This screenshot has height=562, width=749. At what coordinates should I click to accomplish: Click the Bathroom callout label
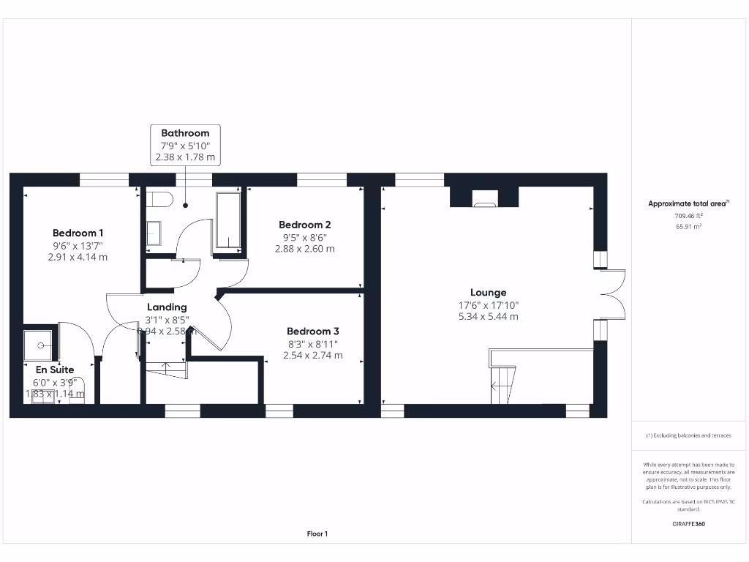point(185,133)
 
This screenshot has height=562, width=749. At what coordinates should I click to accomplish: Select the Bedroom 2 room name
point(305,225)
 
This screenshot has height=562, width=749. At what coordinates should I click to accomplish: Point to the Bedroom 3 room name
point(312,331)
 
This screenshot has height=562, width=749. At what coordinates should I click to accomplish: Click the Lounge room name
point(488,292)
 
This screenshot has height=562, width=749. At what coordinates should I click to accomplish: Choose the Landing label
point(167,307)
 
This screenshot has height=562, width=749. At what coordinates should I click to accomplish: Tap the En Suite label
point(55,370)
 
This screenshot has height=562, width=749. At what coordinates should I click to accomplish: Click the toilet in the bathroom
point(159,200)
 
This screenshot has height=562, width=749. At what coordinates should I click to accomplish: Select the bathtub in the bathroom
point(228,221)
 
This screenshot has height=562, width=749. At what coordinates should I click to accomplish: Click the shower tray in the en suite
point(40,344)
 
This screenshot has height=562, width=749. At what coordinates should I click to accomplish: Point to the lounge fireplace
point(483,198)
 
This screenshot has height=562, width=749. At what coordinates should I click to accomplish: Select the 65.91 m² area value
point(688,227)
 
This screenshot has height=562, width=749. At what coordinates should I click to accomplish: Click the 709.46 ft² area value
point(688,216)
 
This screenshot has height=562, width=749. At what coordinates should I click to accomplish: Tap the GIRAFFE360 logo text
point(688,524)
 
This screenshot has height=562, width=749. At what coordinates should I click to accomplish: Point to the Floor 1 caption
point(317,534)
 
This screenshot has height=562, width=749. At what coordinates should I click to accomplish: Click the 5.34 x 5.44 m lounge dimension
point(488,317)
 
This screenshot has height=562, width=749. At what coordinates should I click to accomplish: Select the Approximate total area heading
point(687,204)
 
